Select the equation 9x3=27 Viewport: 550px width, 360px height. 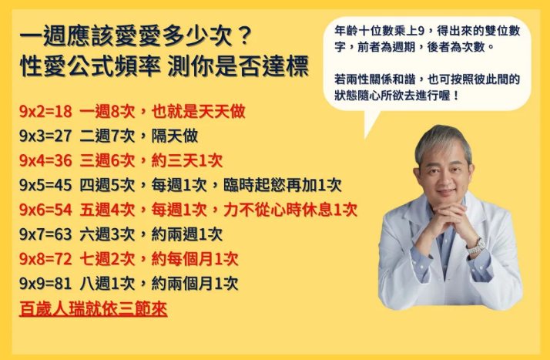45,136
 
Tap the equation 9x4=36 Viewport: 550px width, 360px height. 45,161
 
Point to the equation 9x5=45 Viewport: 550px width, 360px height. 45,186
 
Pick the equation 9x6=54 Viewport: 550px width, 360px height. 45,210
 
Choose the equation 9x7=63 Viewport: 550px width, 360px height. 45,235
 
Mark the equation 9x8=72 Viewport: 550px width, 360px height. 45,260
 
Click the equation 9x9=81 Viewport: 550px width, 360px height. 45,284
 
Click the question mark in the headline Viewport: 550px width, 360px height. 243,35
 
